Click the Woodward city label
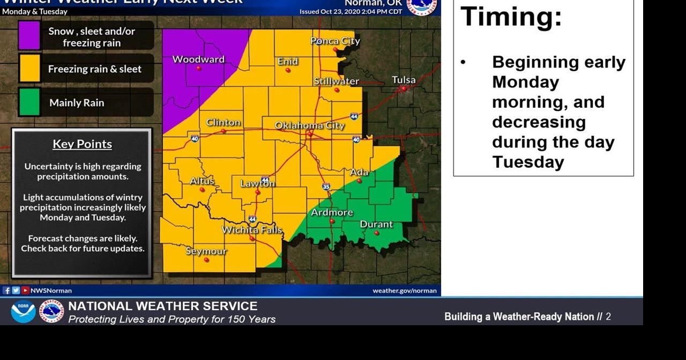click(x=198, y=59)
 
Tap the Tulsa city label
click(x=404, y=80)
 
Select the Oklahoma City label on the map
click(x=310, y=125)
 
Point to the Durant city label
click(x=376, y=224)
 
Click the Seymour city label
click(x=206, y=251)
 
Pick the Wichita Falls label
click(x=252, y=230)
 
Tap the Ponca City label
click(x=335, y=41)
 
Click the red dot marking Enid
click(x=288, y=70)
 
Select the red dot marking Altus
click(x=202, y=190)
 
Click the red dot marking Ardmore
click(x=332, y=221)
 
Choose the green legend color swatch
click(x=29, y=102)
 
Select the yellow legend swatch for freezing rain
click(x=29, y=69)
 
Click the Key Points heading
click(x=83, y=144)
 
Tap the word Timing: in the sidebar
click(x=511, y=16)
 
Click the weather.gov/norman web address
click(x=405, y=290)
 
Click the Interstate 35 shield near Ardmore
click(x=326, y=187)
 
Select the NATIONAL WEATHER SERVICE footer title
click(x=163, y=306)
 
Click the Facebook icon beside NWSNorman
click(x=6, y=290)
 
